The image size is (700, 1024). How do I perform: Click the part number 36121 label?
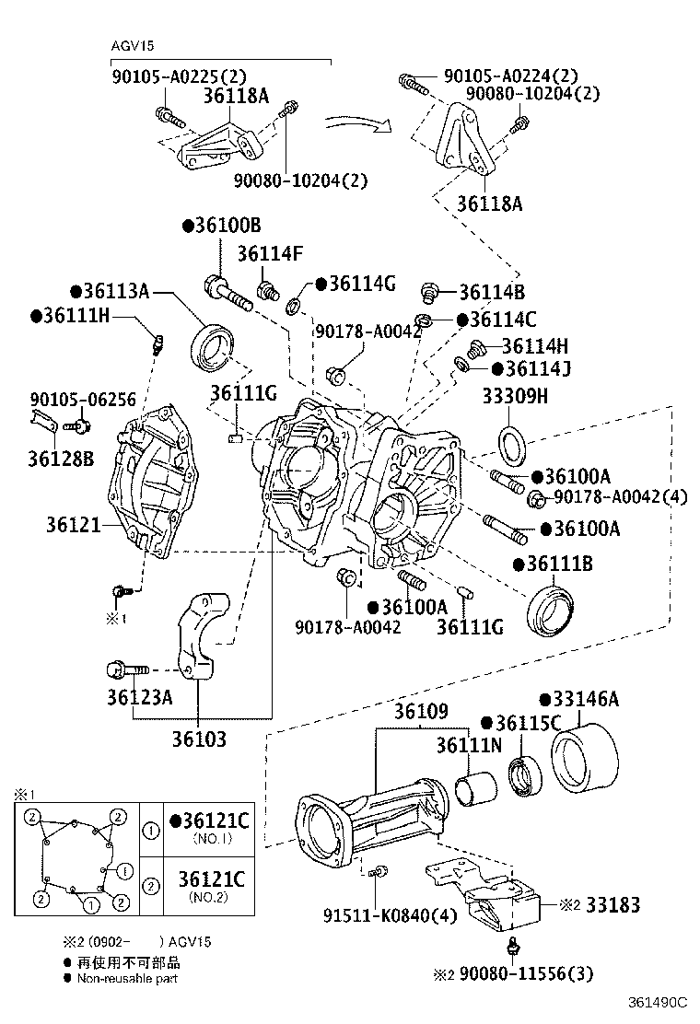pyautogui.click(x=73, y=524)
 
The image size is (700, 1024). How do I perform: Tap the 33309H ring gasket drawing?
pyautogui.click(x=513, y=444)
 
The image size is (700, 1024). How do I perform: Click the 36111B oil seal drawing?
pyautogui.click(x=552, y=611)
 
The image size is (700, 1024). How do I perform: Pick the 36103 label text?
pyautogui.click(x=199, y=738)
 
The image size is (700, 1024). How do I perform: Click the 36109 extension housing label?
pyautogui.click(x=421, y=712)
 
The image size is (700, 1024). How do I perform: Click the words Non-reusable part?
pyautogui.click(x=127, y=978)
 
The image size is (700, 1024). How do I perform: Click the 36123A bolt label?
pyautogui.click(x=139, y=697)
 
